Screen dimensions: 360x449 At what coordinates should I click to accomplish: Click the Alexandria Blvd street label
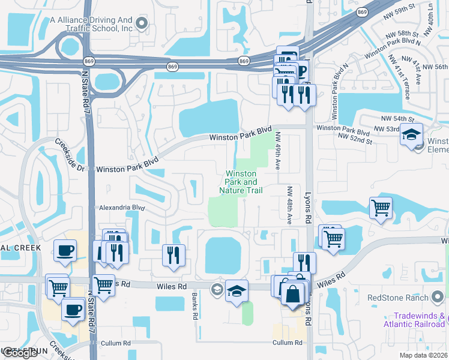[x=121, y=208]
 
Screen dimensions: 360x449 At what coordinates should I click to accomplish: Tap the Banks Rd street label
[x=194, y=307]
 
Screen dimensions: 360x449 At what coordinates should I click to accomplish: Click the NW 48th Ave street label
[x=289, y=205]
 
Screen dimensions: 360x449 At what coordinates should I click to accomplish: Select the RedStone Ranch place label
[x=397, y=298]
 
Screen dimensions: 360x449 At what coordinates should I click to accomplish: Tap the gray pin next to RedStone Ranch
[x=439, y=298]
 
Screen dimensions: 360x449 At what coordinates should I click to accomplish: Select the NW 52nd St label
[x=355, y=137]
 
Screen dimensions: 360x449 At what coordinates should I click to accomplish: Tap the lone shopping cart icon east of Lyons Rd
[x=381, y=208]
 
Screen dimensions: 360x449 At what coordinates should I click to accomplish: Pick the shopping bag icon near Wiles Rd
[x=292, y=295]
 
